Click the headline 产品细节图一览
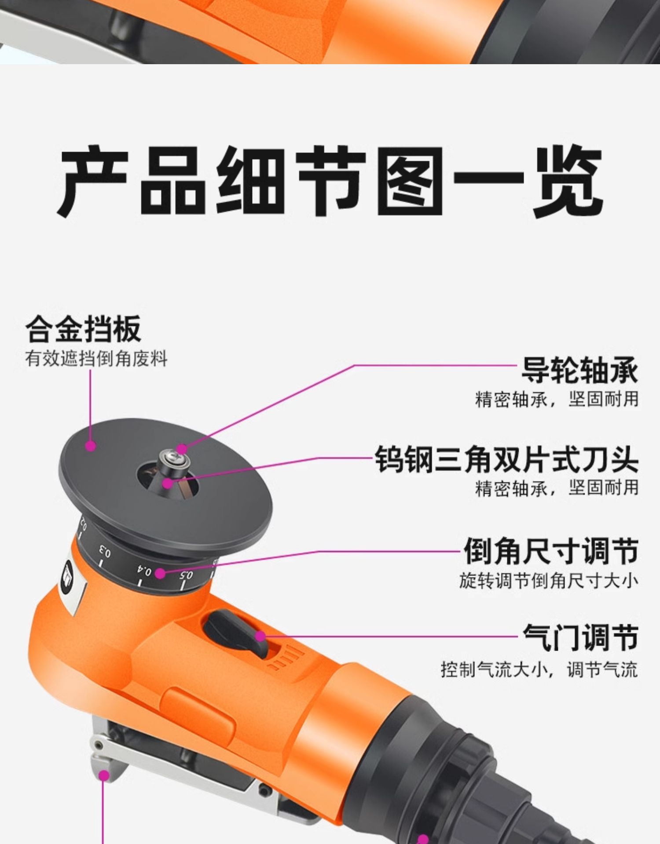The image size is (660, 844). point(330,181)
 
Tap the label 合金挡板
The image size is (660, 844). point(83,329)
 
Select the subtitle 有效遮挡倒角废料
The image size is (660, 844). point(96,359)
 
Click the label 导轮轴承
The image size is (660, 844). point(579,371)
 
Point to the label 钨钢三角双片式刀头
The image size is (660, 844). point(506,459)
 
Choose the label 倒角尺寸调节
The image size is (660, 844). point(551,550)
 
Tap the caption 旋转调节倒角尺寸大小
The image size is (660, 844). point(549,581)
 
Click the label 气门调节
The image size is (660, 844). point(580,637)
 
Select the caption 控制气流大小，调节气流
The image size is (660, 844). point(539,669)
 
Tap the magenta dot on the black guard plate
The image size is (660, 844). point(91,446)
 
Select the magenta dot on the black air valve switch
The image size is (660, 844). point(260,636)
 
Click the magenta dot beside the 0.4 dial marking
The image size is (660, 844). point(160,573)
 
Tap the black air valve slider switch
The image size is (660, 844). point(236,633)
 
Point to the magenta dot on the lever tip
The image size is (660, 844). point(104,775)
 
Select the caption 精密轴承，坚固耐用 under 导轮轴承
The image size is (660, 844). point(557,399)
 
